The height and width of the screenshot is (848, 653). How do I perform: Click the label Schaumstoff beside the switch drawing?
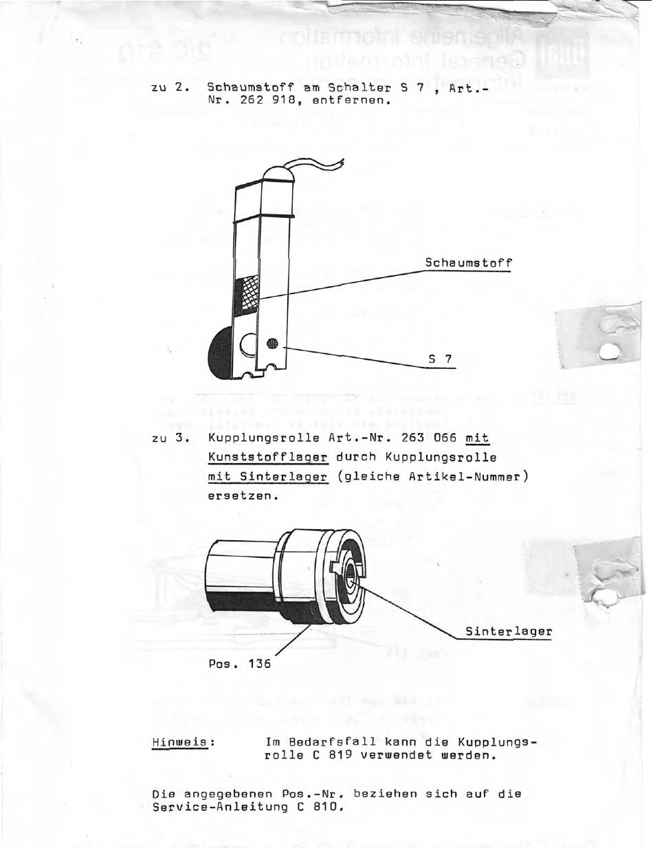tap(468, 263)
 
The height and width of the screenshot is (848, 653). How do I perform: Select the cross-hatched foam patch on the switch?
tap(245, 296)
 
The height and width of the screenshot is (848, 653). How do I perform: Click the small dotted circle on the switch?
tap(272, 344)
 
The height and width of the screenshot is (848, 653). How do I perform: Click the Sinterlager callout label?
tap(509, 631)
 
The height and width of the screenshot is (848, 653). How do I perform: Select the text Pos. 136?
tap(239, 664)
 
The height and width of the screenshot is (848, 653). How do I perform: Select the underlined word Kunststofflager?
tap(267, 457)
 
